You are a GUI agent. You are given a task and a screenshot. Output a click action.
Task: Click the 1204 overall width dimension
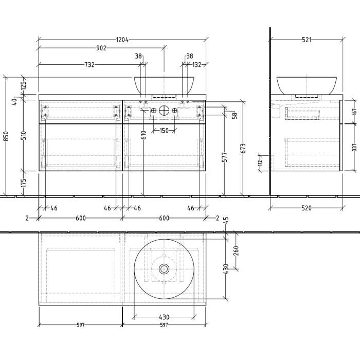(122, 39)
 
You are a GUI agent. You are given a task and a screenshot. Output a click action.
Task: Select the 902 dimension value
(101, 48)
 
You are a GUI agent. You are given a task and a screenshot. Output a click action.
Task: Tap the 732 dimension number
(89, 65)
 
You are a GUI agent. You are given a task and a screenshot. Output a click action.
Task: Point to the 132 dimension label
(196, 65)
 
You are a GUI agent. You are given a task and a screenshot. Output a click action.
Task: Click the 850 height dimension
(6, 136)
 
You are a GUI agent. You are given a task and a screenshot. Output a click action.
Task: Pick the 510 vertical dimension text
(23, 136)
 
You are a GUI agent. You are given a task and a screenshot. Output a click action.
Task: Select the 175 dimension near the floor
(23, 183)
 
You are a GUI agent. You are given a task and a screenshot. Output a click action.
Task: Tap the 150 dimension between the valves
(164, 131)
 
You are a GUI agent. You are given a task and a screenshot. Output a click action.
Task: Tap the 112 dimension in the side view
(260, 163)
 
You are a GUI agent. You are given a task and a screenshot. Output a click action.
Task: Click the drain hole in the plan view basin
(164, 268)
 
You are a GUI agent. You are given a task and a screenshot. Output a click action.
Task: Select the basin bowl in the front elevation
(164, 84)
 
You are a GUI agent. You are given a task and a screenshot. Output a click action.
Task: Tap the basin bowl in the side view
(307, 84)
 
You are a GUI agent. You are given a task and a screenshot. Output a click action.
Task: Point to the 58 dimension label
(234, 116)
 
